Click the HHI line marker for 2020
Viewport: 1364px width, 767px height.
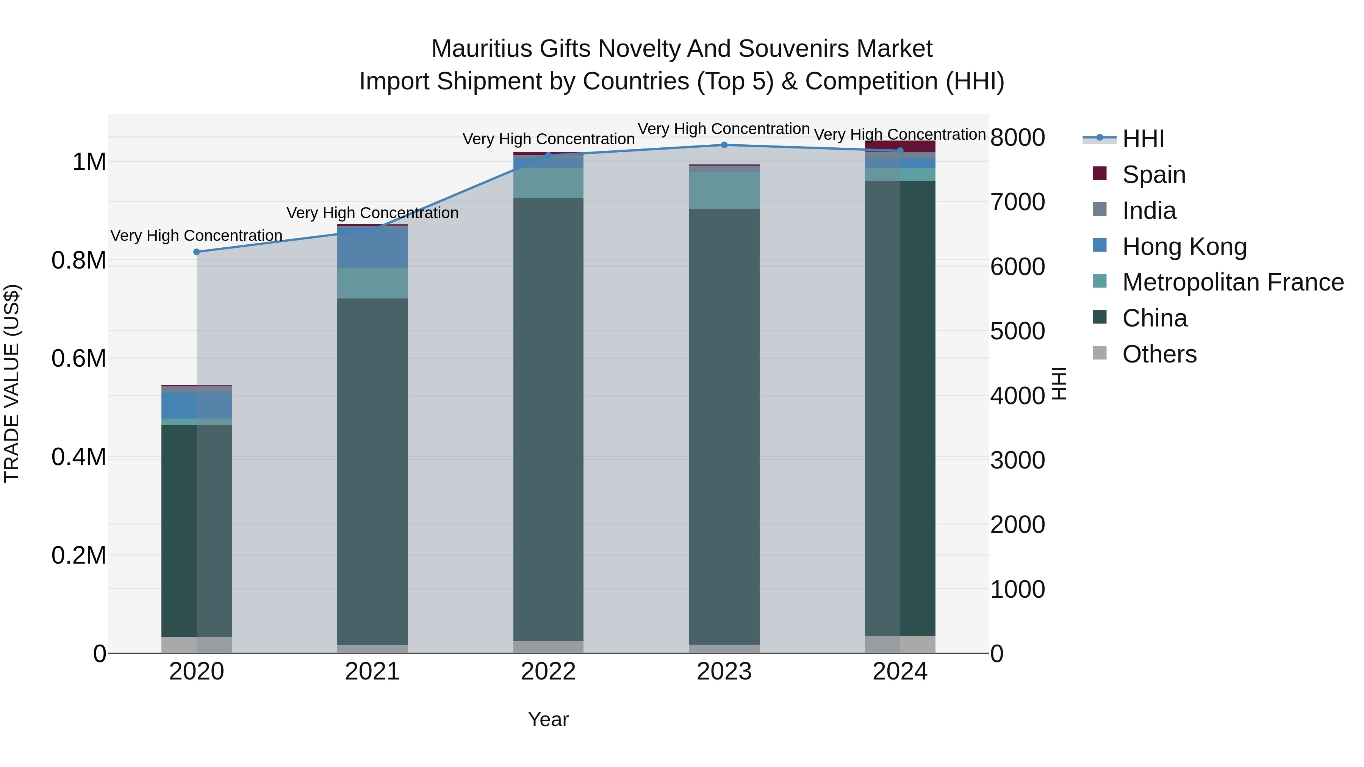(196, 252)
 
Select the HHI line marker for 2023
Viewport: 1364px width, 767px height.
(724, 145)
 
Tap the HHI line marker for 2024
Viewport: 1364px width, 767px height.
(900, 150)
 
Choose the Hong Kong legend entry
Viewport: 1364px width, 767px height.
(1184, 247)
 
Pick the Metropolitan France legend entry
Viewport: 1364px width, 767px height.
(1233, 282)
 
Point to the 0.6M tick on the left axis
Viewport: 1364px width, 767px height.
(79, 358)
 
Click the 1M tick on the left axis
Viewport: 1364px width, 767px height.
(89, 162)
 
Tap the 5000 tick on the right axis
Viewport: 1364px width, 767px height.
(1017, 331)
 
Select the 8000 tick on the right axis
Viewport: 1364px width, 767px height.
(1017, 137)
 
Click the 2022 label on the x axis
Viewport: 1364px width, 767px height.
(548, 672)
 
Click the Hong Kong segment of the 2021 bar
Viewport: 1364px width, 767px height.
(372, 248)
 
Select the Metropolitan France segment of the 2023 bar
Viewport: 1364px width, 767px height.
(724, 191)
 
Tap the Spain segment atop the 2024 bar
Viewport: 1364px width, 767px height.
(900, 146)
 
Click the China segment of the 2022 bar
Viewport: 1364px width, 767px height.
(548, 418)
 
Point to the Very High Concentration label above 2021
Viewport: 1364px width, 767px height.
(372, 213)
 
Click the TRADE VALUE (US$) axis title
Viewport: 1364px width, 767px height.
(12, 383)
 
